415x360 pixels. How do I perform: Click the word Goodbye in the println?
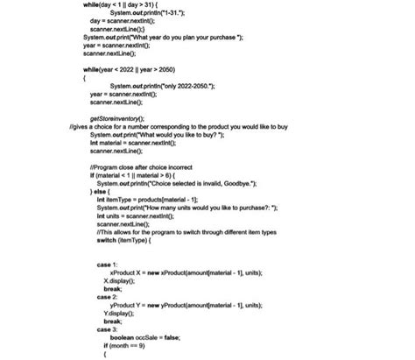coord(236,182)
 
